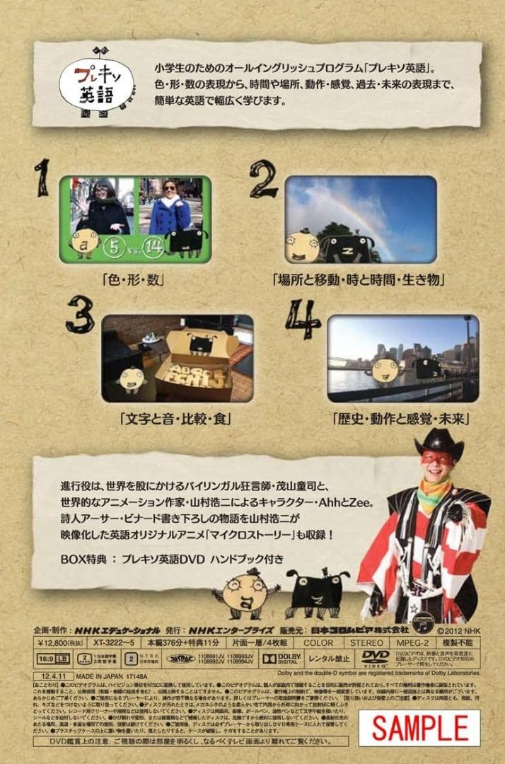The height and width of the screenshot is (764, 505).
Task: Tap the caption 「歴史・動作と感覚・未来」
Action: coord(402,418)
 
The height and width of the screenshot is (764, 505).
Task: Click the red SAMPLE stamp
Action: coord(420,728)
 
